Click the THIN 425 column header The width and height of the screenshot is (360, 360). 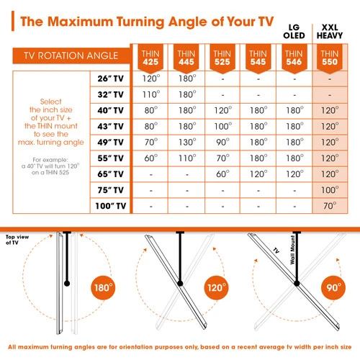[150, 58]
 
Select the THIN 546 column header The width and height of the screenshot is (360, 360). [294, 58]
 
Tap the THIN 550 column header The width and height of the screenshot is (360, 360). [330, 58]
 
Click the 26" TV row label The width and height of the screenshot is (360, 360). [111, 78]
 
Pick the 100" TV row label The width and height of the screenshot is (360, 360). [111, 206]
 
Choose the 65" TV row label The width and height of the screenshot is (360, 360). [111, 174]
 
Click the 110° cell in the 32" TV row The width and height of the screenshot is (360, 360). [151, 94]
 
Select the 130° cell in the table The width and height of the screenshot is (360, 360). [187, 142]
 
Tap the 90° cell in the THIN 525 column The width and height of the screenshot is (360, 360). [222, 142]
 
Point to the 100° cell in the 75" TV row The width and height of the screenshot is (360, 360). [330, 190]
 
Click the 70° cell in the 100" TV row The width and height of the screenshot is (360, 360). [330, 206]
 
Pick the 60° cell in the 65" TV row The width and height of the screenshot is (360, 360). [222, 174]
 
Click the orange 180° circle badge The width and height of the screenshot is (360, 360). [103, 287]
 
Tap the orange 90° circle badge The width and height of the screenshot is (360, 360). [333, 287]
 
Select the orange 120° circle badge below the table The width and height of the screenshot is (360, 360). [217, 287]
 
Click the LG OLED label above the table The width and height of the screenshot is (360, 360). [294, 32]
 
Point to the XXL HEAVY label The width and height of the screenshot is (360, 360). [330, 32]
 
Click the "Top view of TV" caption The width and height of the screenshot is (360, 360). [17, 240]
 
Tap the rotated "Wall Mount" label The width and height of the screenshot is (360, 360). [292, 250]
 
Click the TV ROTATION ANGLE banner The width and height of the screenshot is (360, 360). [71, 55]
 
